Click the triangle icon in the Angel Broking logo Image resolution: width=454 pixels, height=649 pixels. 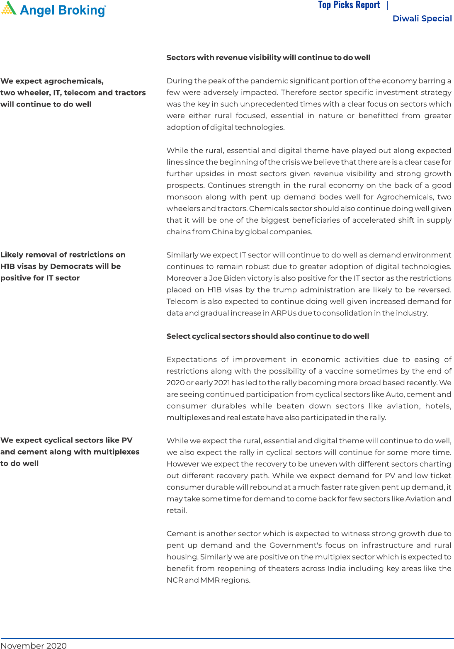coord(9,8)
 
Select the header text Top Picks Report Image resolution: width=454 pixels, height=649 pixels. coord(349,5)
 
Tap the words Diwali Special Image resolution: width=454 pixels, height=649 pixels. coord(422,19)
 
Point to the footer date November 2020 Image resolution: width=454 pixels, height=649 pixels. coord(34,645)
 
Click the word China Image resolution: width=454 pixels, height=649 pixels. coord(222,232)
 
